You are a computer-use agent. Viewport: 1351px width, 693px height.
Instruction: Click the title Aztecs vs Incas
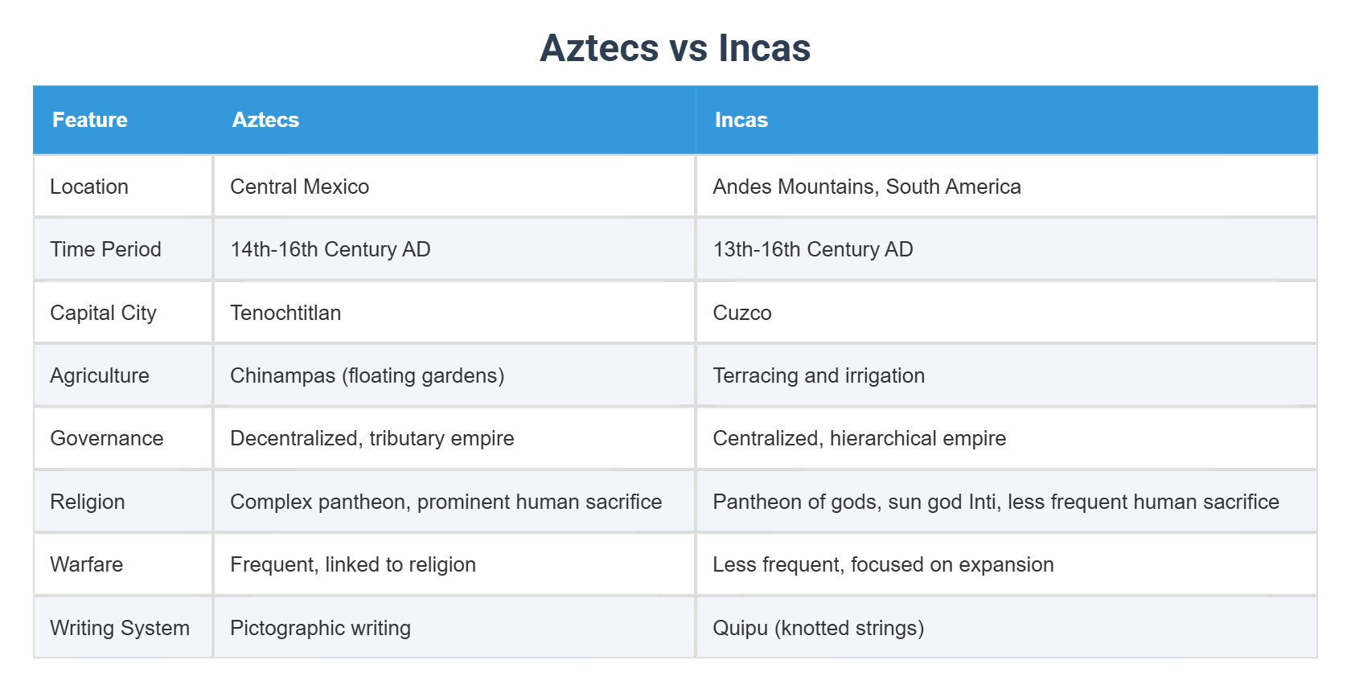pyautogui.click(x=675, y=48)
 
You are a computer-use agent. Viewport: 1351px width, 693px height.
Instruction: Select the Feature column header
pyautogui.click(x=90, y=120)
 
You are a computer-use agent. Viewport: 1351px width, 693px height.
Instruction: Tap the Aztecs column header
pyautogui.click(x=265, y=120)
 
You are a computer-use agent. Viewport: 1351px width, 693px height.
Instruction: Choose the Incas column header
pyautogui.click(x=741, y=120)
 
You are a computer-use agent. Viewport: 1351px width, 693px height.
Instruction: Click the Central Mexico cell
pyautogui.click(x=299, y=187)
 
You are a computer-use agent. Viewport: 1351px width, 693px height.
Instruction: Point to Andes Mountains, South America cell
pyautogui.click(x=866, y=187)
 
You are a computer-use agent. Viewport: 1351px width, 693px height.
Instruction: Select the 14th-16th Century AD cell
pyautogui.click(x=330, y=249)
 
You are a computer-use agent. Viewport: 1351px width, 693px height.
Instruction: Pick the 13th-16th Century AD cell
pyautogui.click(x=812, y=249)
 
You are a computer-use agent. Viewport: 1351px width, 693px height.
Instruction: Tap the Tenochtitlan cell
pyautogui.click(x=285, y=313)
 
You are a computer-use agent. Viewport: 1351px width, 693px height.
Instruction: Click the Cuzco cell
pyautogui.click(x=741, y=313)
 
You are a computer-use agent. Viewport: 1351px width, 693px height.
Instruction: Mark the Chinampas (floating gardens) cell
pyautogui.click(x=367, y=375)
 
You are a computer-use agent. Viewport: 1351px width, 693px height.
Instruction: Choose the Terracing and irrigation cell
pyautogui.click(x=818, y=375)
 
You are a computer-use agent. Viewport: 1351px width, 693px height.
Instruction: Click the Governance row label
pyautogui.click(x=107, y=438)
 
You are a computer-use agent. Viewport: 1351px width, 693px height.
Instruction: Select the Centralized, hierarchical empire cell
pyautogui.click(x=859, y=438)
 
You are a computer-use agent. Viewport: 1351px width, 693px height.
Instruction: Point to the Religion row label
pyautogui.click(x=88, y=502)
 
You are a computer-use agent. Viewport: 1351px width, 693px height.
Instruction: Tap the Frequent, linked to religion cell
pyautogui.click(x=352, y=564)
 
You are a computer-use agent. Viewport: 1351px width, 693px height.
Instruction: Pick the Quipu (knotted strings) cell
pyautogui.click(x=818, y=628)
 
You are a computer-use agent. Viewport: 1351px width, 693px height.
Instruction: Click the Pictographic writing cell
pyautogui.click(x=320, y=628)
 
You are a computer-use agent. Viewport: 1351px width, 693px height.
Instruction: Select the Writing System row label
pyautogui.click(x=120, y=628)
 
